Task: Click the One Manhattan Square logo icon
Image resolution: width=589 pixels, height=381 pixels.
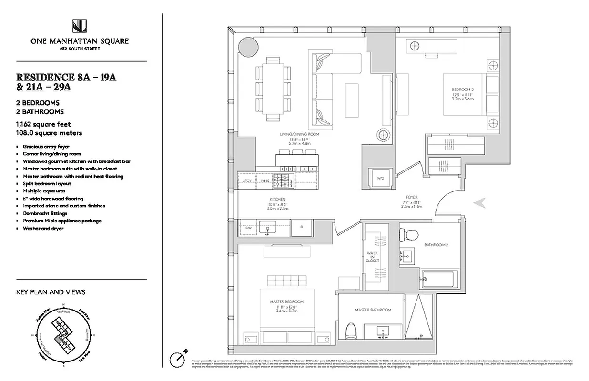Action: (x=79, y=26)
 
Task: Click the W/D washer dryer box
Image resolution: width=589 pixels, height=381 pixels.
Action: (x=380, y=178)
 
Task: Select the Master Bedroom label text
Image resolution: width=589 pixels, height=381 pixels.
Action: (x=286, y=302)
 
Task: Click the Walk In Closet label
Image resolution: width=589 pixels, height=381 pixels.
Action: (x=373, y=257)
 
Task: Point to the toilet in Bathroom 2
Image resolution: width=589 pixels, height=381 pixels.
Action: (x=408, y=234)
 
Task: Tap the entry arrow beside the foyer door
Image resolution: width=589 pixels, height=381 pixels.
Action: (x=479, y=203)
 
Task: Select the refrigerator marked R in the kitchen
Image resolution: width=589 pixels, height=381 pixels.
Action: (x=301, y=228)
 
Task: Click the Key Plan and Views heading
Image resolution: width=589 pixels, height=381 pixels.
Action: (x=51, y=292)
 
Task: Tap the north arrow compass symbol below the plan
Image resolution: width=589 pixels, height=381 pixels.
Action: (x=178, y=358)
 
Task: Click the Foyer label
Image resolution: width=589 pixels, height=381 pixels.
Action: (x=412, y=197)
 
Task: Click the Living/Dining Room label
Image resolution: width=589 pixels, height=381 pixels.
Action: (x=299, y=135)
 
